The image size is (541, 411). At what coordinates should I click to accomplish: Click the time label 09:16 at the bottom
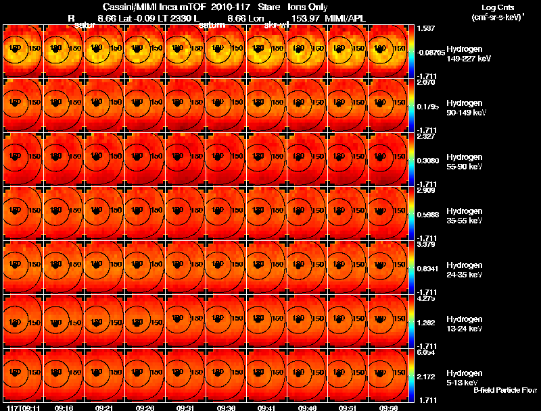64,408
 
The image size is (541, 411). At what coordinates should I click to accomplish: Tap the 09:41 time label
266,408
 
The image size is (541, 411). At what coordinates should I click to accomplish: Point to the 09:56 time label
388,408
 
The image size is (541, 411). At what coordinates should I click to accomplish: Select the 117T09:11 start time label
22,408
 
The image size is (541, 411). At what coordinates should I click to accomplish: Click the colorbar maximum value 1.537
425,28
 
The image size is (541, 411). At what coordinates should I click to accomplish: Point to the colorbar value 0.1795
427,107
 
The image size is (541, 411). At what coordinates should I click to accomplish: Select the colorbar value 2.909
425,190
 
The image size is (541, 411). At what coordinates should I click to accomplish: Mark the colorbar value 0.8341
427,268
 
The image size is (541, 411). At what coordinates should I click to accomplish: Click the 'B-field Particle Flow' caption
504,389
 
